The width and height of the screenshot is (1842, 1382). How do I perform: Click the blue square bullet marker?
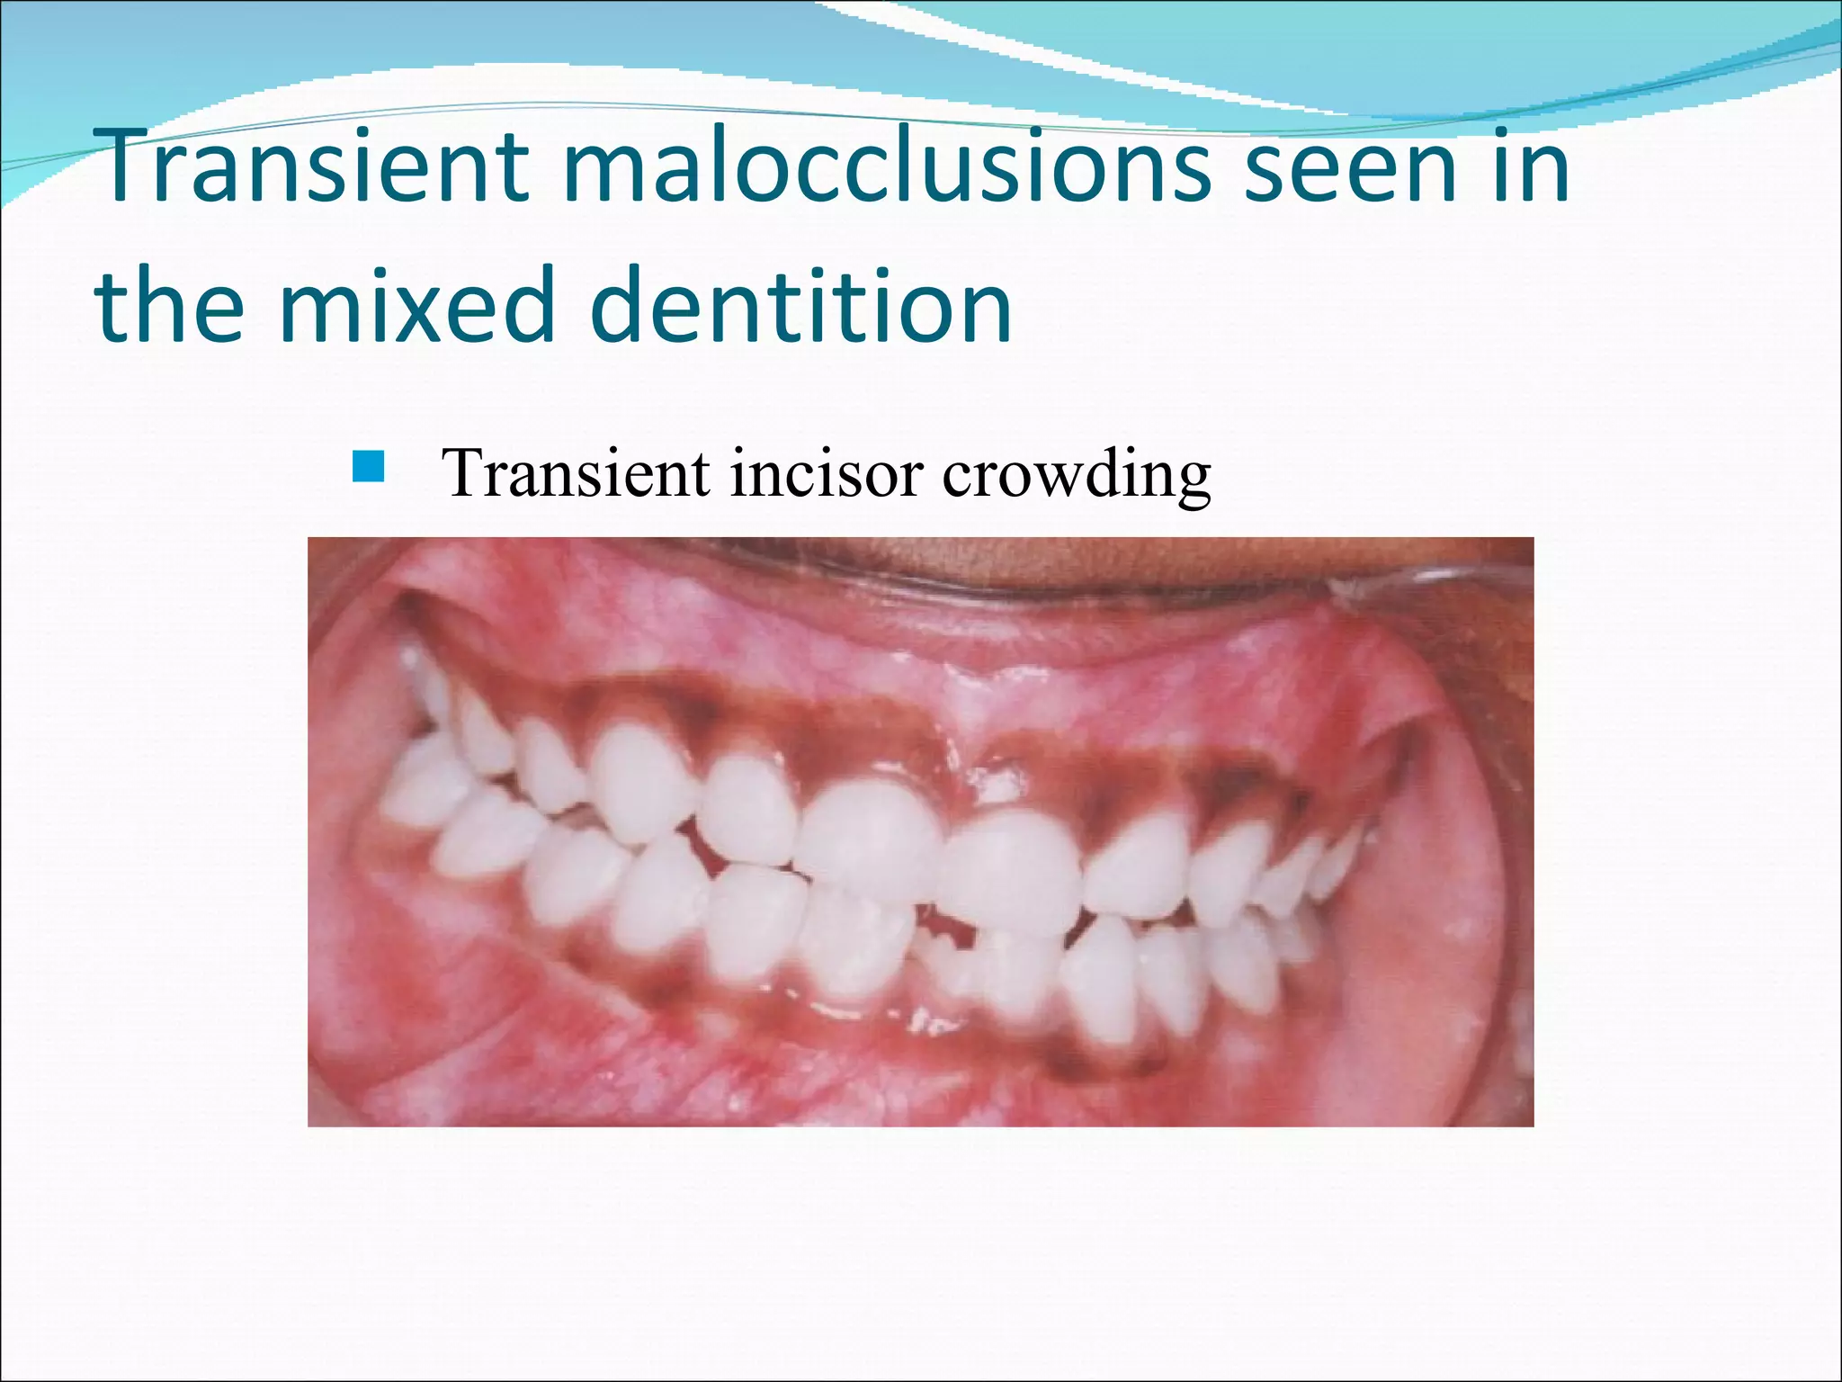click(369, 468)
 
